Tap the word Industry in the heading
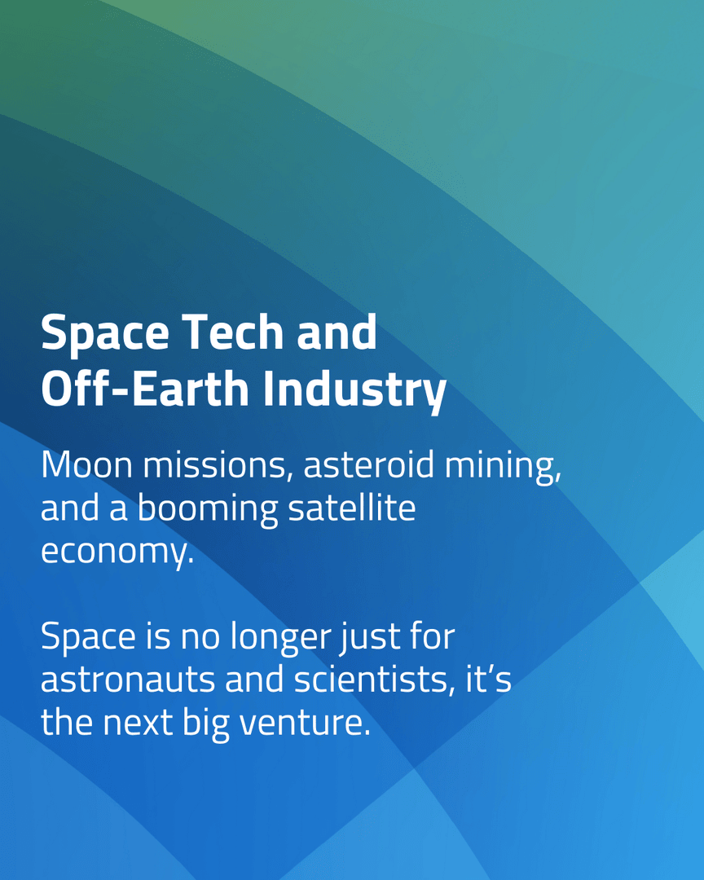pos(354,389)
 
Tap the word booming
pos(207,509)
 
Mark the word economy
pos(117,552)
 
